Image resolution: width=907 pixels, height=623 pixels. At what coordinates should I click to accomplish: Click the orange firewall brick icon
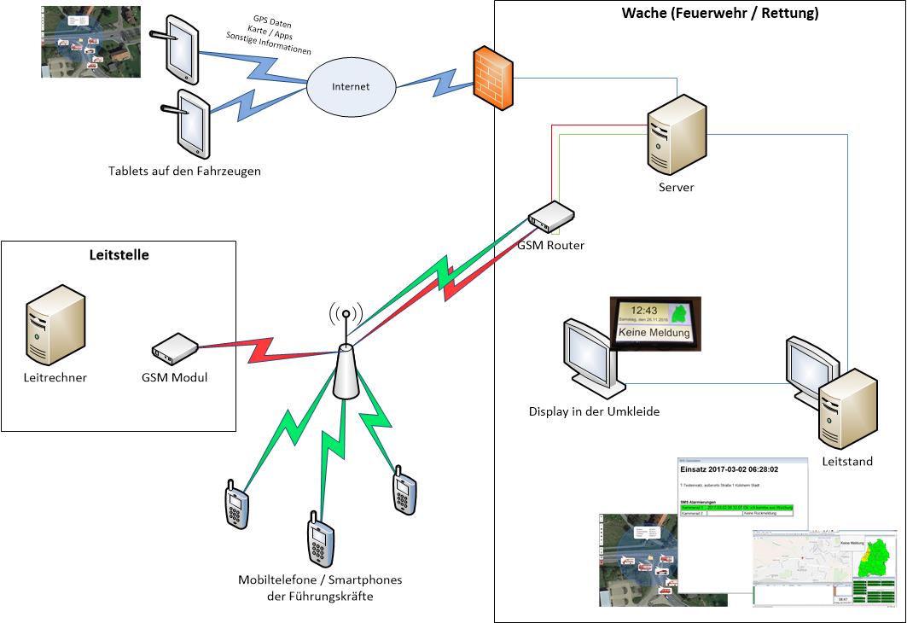coord(493,78)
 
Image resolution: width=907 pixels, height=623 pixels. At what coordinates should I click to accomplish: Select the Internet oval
coord(351,87)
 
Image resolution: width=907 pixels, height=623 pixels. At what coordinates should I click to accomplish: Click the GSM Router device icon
coord(551,218)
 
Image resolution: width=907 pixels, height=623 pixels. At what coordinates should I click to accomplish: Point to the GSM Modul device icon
coord(175,346)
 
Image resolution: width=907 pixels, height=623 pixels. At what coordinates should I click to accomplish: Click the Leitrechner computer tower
coord(55,326)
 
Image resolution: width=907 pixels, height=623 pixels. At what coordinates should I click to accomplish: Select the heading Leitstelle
coord(119,254)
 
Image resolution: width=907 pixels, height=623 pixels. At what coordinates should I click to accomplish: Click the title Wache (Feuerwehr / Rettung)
coord(720,13)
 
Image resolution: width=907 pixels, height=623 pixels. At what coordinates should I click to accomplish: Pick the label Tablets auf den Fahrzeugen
coord(184,171)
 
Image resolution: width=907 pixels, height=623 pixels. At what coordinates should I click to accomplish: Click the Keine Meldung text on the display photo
coord(654,333)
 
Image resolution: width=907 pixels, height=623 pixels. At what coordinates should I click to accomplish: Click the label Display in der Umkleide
coord(594,412)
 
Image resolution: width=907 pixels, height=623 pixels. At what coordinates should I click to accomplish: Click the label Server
coord(676,187)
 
